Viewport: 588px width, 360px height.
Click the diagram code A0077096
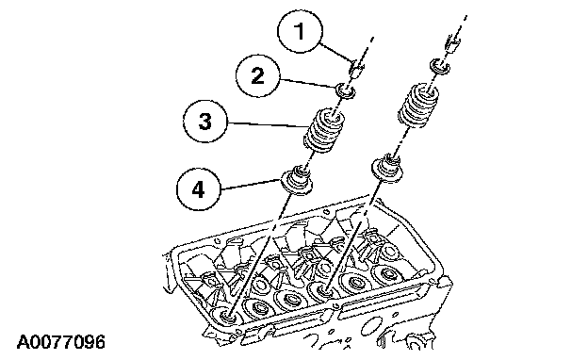[60, 342]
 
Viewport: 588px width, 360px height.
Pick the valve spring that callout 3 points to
[323, 130]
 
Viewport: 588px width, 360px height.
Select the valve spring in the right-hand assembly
[416, 106]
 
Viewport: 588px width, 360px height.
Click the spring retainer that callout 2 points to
[345, 91]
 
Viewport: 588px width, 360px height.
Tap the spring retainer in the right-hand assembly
[440, 67]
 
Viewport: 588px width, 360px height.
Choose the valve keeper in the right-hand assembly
[451, 43]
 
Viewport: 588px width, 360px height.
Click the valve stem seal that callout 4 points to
[298, 180]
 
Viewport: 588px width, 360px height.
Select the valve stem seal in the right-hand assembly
[388, 169]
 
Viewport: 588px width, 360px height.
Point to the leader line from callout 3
[266, 125]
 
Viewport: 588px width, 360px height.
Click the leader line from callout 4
[251, 185]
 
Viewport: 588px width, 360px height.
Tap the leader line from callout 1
[335, 53]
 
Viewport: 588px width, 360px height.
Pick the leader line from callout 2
[307, 84]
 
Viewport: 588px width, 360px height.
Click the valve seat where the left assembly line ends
[226, 316]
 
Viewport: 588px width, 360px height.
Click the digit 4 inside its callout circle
[198, 189]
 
